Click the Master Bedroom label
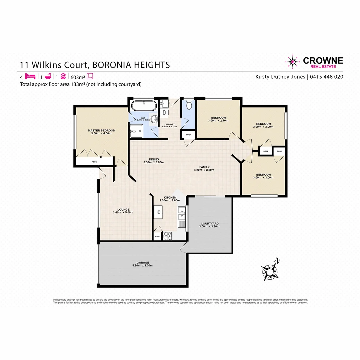pyautogui.click(x=102, y=130)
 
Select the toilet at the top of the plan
pyautogui.click(x=189, y=105)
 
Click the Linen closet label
pyautogui.click(x=188, y=135)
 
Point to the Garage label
pyautogui.click(x=143, y=262)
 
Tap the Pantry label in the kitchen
pyautogui.click(x=157, y=237)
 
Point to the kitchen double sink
pyautogui.click(x=181, y=217)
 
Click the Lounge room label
pyautogui.click(x=123, y=210)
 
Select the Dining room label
pyautogui.click(x=153, y=159)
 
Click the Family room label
pyautogui.click(x=204, y=167)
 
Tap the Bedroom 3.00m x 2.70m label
pyautogui.click(x=218, y=118)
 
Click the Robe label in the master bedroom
pyautogui.click(x=94, y=162)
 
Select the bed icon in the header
pyautogui.click(x=30, y=76)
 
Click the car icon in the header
pyautogui.click(x=63, y=76)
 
